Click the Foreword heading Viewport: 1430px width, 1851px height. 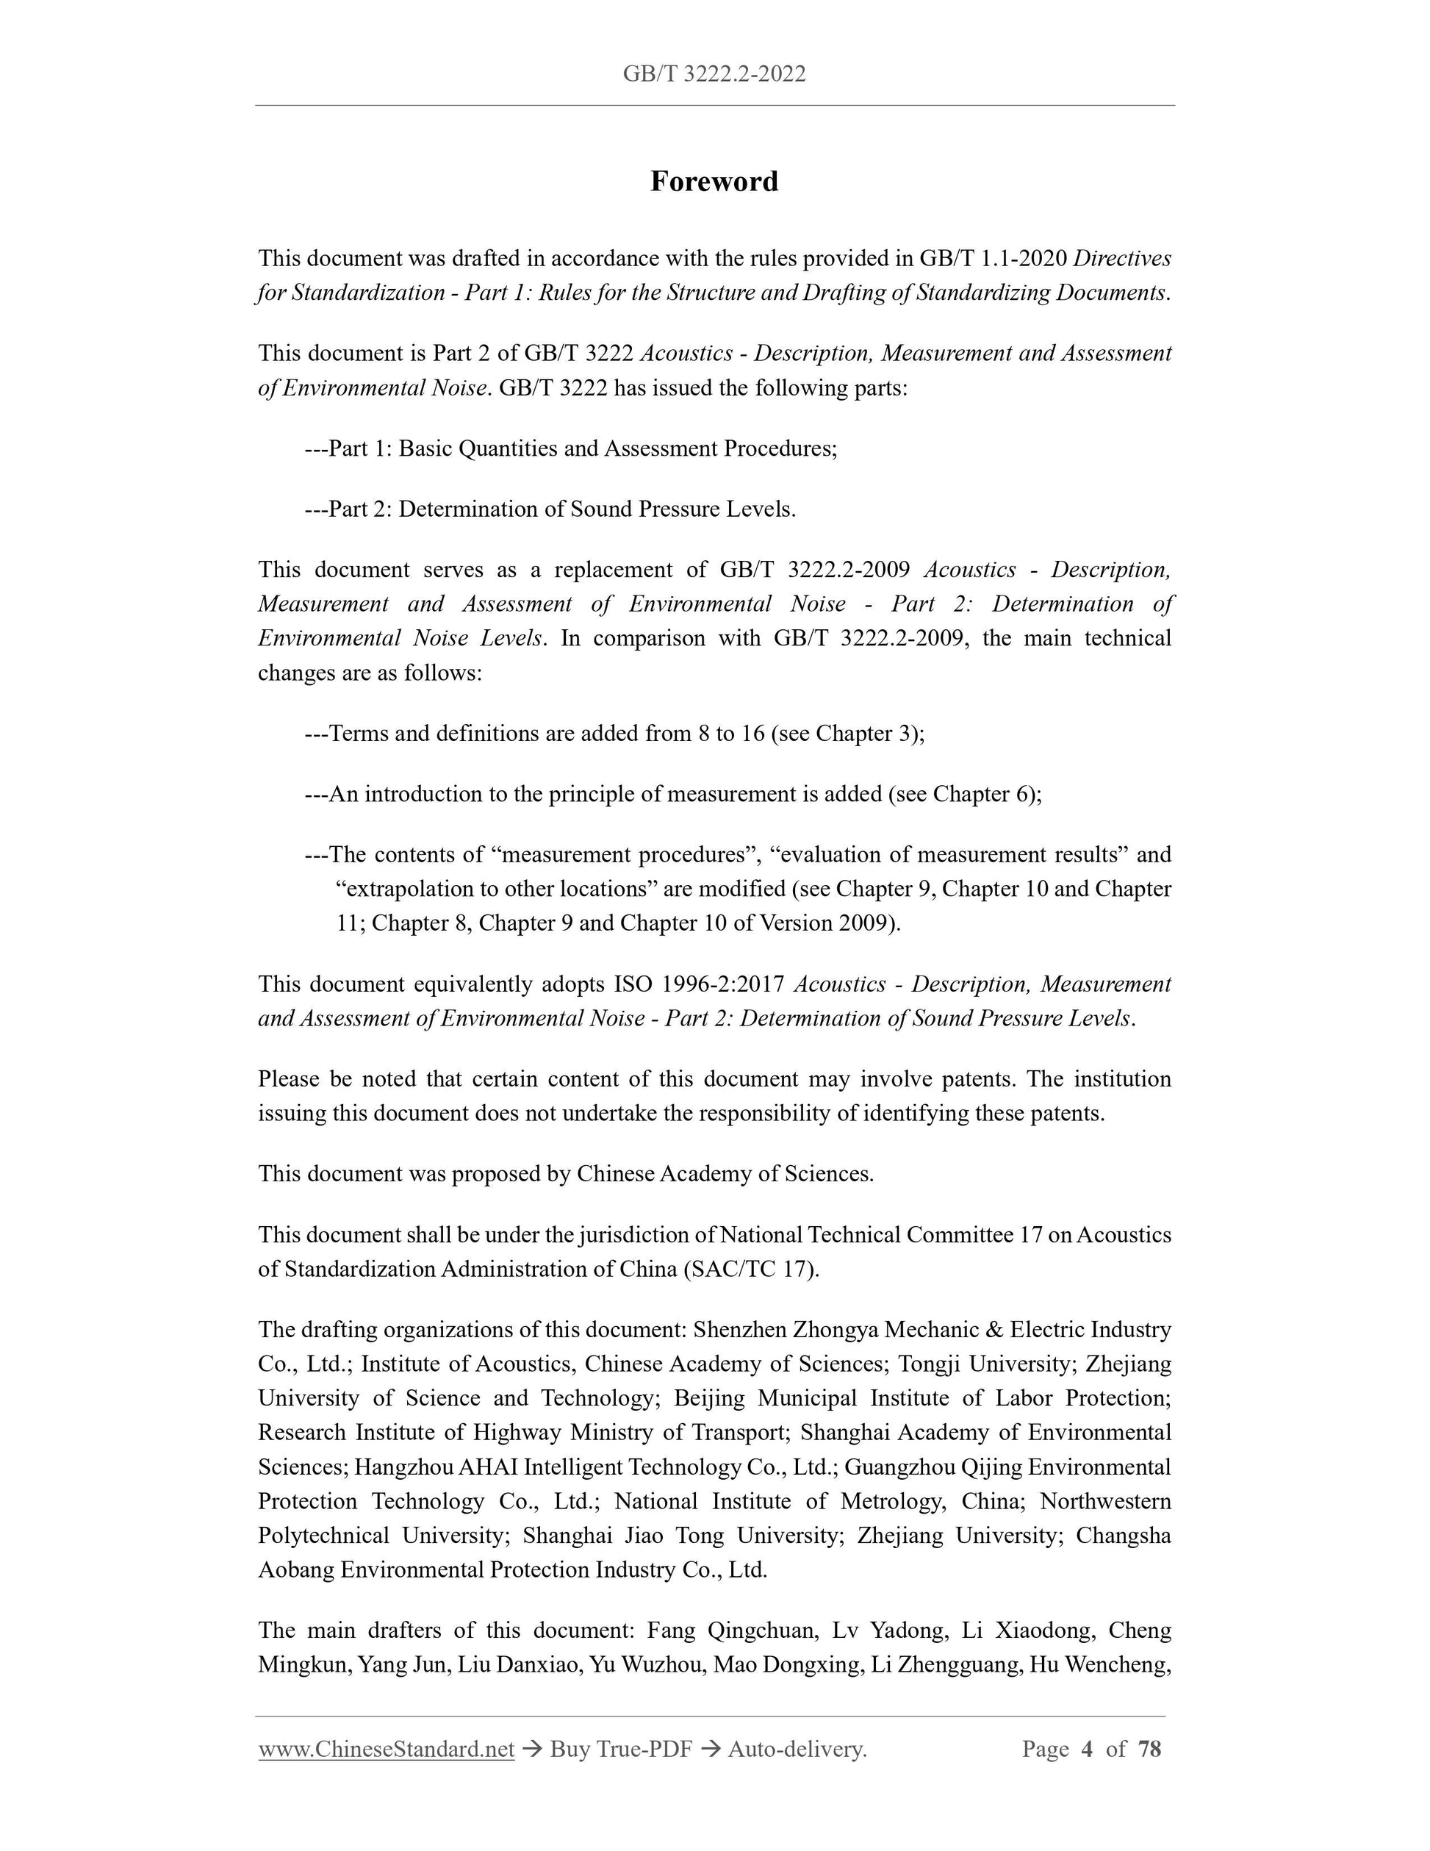[x=714, y=182]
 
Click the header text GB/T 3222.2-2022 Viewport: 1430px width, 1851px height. [x=714, y=74]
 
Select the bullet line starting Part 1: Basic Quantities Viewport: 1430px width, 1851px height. [x=571, y=448]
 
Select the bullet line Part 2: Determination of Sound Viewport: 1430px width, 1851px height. [x=550, y=509]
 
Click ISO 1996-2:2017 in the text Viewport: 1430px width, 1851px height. [x=702, y=984]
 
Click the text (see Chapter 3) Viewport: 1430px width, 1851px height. [x=847, y=733]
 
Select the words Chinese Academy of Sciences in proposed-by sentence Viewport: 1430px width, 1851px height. [x=725, y=1174]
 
